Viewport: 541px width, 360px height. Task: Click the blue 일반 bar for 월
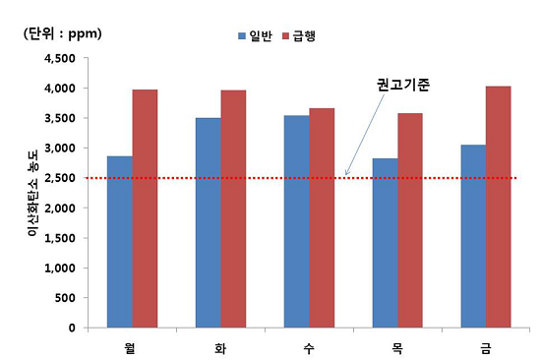coord(120,242)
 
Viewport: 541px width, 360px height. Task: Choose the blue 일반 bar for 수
coord(296,221)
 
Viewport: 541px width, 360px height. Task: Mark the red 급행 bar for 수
coord(322,217)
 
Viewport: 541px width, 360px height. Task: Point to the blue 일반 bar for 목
coord(385,243)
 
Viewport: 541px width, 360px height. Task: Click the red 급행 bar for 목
coord(410,220)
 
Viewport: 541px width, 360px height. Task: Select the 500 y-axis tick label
coord(69,298)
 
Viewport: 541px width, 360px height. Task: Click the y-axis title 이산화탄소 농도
coord(32,193)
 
